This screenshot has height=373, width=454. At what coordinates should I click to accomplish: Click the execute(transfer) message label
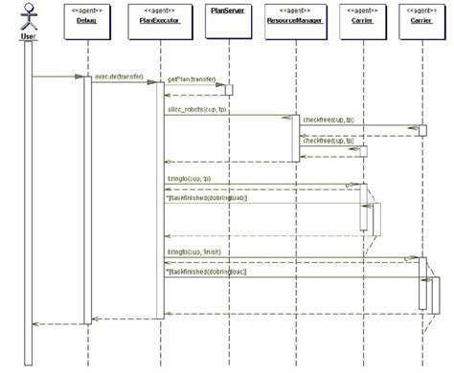119,74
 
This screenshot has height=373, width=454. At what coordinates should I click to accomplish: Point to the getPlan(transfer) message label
192,80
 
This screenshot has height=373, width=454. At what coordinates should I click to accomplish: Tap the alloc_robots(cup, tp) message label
197,109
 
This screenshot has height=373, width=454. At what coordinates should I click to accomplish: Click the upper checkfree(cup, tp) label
328,121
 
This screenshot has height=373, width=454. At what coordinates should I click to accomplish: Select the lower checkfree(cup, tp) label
328,141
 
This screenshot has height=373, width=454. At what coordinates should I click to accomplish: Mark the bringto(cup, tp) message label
188,179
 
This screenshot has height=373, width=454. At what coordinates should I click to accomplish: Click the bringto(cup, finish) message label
193,252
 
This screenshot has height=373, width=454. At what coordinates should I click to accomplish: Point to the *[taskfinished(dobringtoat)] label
207,199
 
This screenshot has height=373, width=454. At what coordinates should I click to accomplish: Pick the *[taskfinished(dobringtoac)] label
207,272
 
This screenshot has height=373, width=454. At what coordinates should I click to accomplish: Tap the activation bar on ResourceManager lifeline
294,139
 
